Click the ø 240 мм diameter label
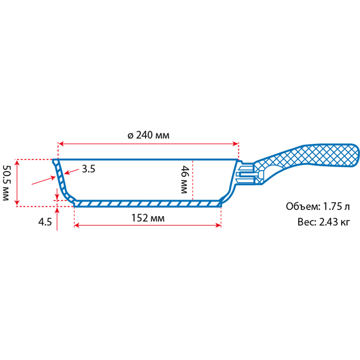[x=148, y=135]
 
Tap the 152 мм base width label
[x=148, y=218]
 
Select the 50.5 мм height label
[x=6, y=183]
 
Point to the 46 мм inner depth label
[x=184, y=179]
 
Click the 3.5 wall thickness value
[x=88, y=169]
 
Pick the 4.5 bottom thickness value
[x=45, y=222]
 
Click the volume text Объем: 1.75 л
[x=318, y=207]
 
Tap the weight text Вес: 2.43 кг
[x=323, y=222]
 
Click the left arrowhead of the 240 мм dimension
[x=61, y=144]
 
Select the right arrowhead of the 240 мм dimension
[x=236, y=144]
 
